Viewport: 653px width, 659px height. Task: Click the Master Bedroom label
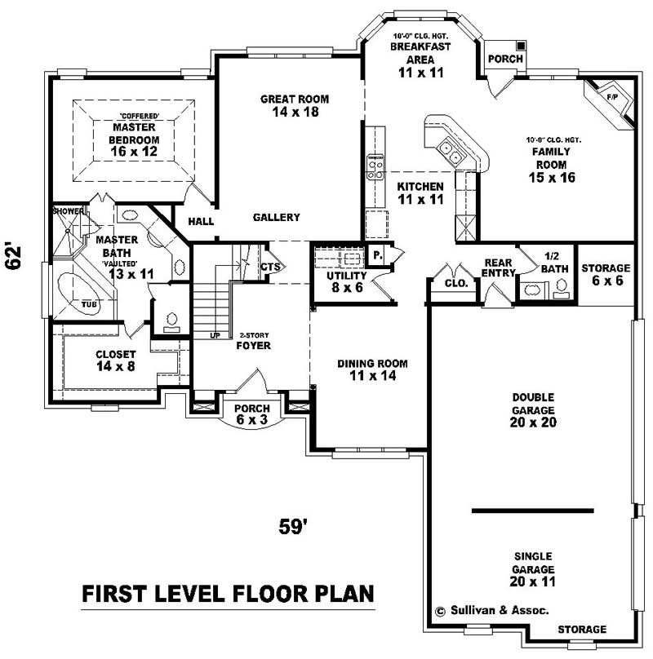point(135,133)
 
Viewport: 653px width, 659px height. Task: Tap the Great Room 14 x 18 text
point(295,105)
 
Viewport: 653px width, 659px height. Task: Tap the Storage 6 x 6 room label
point(605,274)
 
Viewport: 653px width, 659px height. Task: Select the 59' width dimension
point(292,527)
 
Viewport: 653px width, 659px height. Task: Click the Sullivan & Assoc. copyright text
point(491,610)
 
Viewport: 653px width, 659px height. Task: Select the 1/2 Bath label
point(553,263)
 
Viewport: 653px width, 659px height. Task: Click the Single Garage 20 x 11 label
point(533,562)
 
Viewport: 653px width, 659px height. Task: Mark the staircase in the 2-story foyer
point(209,302)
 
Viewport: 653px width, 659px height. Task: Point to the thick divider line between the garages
point(532,511)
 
